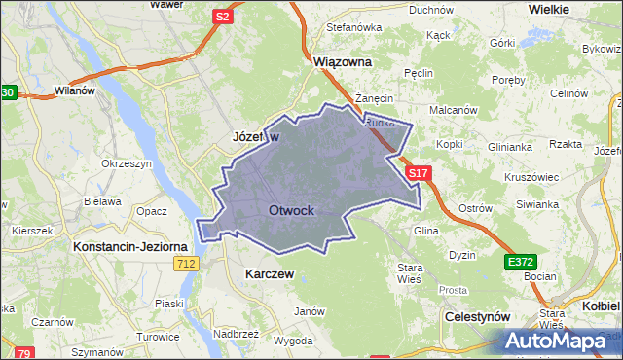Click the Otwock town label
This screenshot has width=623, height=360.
point(291,210)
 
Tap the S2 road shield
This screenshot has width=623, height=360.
point(223,16)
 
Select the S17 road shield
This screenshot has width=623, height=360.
point(418,173)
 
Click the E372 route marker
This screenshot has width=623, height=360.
point(519,262)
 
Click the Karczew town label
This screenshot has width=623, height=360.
point(271,274)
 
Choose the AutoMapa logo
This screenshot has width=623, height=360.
point(559,342)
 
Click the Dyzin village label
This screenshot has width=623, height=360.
point(461,255)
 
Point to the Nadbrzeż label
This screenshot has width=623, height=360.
point(235,333)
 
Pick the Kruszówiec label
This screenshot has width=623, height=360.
point(531,177)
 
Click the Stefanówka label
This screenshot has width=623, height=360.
point(353,27)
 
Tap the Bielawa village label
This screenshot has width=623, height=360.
point(100,201)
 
